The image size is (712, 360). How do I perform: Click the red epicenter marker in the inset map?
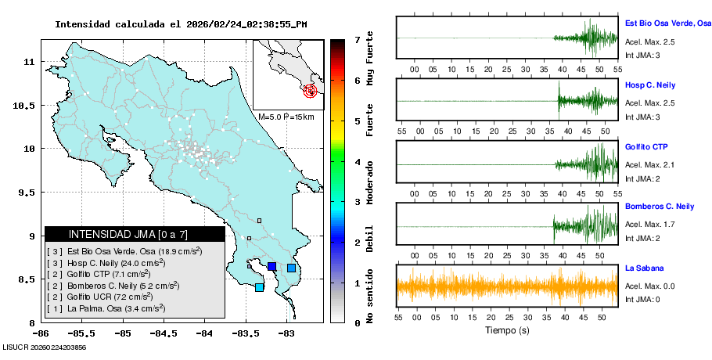(311, 91)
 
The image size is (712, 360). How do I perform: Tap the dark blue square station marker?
(272, 267)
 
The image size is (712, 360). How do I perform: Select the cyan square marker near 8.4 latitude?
(260, 287)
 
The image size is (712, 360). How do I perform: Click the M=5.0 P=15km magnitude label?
(286, 117)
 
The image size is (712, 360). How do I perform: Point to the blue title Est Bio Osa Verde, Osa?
(667, 23)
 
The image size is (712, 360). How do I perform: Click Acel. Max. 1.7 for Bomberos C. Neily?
(649, 225)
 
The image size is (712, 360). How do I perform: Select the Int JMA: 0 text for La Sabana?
(642, 300)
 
